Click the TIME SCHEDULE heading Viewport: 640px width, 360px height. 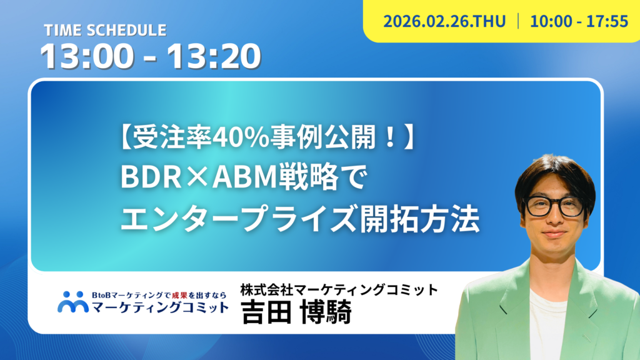(x=105, y=30)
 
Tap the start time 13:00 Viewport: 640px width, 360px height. (x=87, y=56)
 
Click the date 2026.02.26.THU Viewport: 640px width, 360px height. (x=444, y=21)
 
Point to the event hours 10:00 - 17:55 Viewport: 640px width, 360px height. (x=579, y=21)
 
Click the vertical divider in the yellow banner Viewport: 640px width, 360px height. (x=518, y=21)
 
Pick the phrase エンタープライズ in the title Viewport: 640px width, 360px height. (x=239, y=219)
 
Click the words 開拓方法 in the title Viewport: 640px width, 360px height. (x=419, y=219)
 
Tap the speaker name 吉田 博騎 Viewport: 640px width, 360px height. (x=296, y=312)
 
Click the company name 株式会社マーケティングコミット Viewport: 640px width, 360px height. (x=339, y=290)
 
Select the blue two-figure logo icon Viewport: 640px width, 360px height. (x=73, y=302)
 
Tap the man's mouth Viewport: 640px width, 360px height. (x=554, y=234)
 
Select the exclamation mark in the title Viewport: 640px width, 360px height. (x=389, y=138)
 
